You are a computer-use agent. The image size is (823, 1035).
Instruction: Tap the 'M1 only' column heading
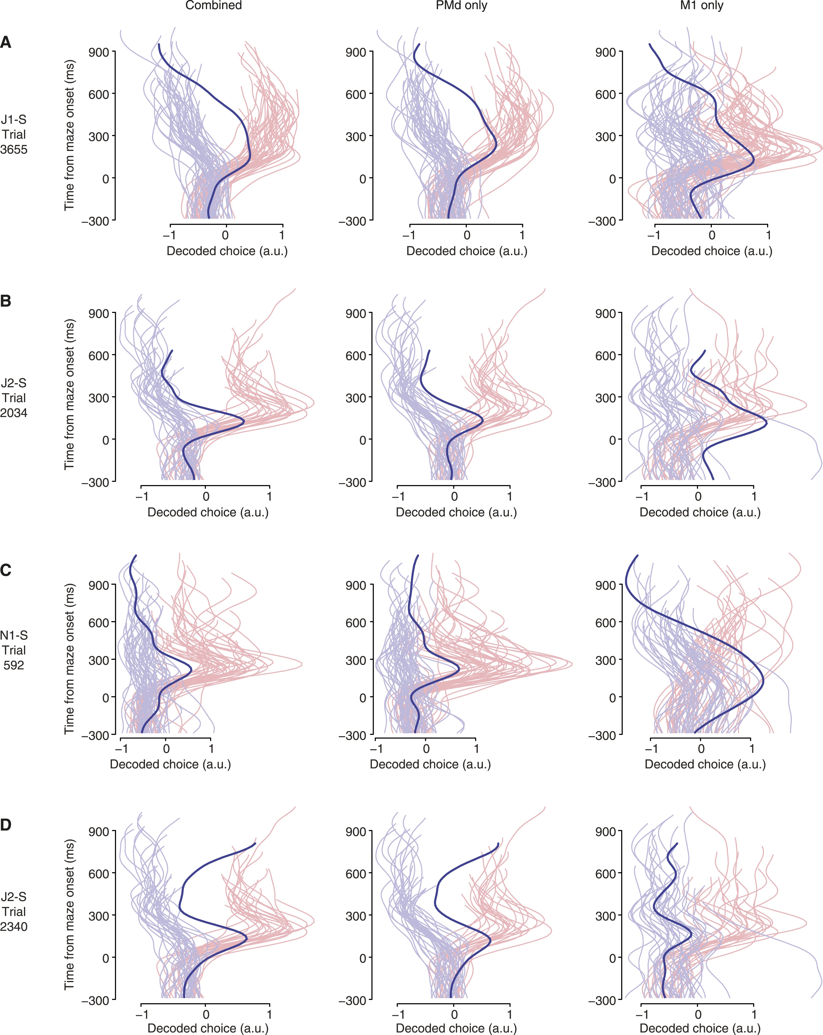[x=701, y=6]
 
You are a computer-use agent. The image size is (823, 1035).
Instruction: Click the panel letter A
[x=6, y=42]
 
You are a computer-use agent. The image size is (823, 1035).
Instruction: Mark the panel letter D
[x=6, y=825]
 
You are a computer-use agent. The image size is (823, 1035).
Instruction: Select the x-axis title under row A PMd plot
[x=467, y=251]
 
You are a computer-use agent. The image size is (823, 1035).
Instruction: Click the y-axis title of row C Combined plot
[x=70, y=659]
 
